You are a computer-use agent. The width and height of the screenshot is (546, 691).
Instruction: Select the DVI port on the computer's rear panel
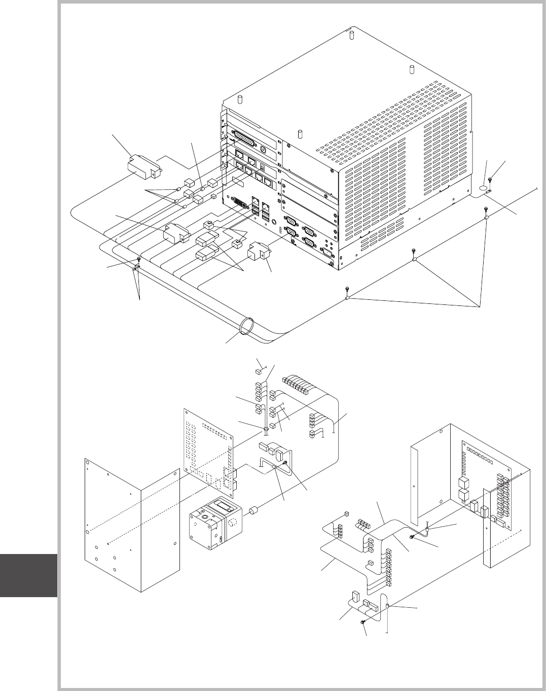239,204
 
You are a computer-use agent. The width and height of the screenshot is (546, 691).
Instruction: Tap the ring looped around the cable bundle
246,325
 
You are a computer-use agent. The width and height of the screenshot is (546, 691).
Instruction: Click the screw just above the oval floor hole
491,180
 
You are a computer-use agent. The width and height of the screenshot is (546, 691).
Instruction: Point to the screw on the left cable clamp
137,261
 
